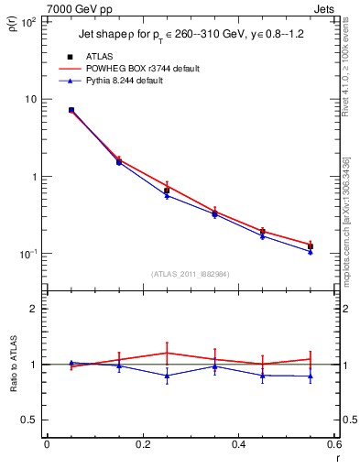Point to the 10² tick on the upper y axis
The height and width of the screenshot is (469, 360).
27,21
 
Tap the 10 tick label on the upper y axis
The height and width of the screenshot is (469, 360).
29,99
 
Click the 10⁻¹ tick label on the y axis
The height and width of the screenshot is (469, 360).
27,254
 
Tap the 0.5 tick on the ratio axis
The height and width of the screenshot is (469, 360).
30,420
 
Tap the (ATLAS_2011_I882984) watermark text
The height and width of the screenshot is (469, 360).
191,274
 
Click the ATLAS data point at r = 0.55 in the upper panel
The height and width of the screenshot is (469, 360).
311,246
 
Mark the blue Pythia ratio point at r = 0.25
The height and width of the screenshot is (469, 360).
167,376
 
